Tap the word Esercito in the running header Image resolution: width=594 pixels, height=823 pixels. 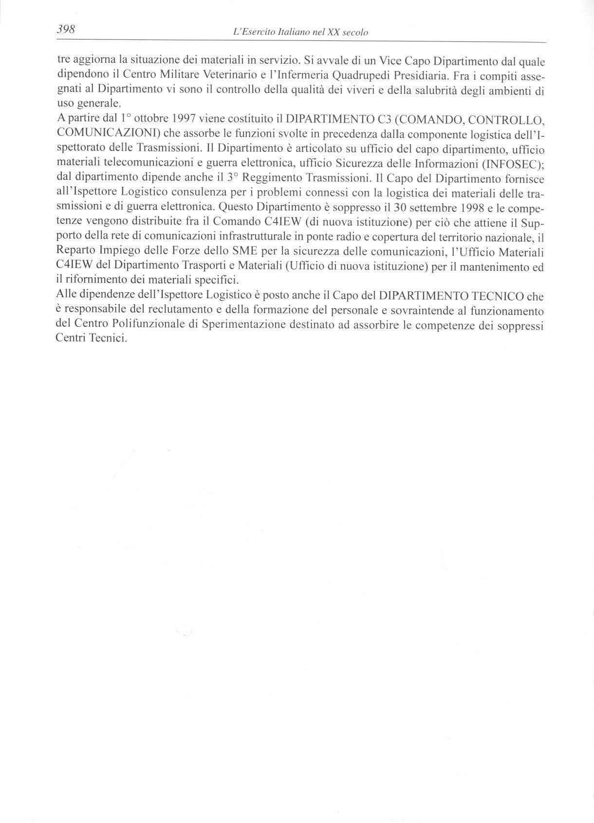coord(260,33)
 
